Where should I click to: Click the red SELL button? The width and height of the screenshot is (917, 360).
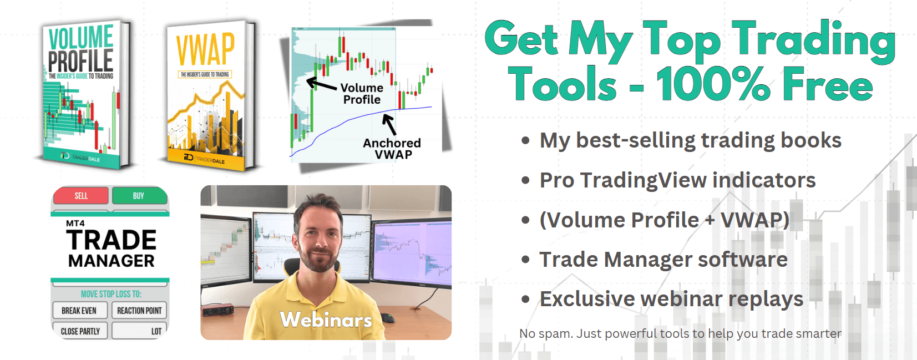[80, 196]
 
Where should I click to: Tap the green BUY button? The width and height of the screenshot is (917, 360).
[139, 196]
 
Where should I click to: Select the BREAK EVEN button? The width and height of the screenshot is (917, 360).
[79, 311]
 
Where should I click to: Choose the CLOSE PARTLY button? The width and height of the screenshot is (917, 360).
[80, 331]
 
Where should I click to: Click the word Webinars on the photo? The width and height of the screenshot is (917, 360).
[326, 320]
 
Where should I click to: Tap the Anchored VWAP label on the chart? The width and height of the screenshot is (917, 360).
[392, 149]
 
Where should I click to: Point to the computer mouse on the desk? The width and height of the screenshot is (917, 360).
[387, 318]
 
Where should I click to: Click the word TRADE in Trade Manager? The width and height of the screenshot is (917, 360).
[112, 240]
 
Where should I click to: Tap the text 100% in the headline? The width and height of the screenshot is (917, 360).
[713, 85]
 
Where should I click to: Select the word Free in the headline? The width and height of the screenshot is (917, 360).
[827, 85]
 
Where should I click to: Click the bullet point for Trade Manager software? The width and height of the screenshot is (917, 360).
[525, 260]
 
